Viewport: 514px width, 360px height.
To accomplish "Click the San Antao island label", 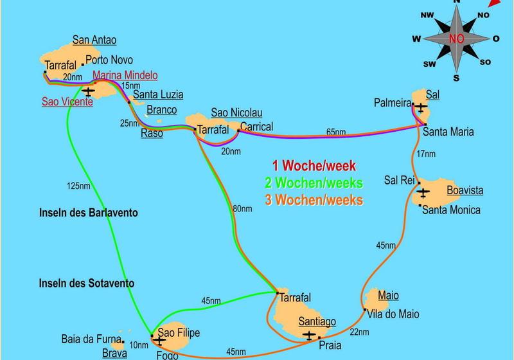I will (95, 40).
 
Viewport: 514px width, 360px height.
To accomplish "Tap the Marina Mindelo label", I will (125, 75).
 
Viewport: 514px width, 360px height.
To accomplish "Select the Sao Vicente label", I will (67, 101).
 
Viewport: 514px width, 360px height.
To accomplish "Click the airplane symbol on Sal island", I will (420, 107).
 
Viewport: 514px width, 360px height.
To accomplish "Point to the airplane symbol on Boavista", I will (423, 192).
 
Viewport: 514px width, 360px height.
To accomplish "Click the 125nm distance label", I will (78, 186).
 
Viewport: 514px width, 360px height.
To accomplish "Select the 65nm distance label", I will (335, 132).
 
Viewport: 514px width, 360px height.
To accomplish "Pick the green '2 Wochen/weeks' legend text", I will (314, 183).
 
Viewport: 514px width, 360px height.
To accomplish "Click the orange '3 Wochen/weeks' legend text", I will (314, 199).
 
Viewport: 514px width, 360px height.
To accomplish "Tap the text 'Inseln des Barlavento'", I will (88, 213).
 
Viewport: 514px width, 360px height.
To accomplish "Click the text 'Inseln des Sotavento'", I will (87, 283).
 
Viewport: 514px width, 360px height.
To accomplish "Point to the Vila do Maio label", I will (393, 314).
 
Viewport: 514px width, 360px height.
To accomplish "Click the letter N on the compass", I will (457, 3).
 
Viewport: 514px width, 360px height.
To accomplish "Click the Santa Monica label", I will (452, 210).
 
